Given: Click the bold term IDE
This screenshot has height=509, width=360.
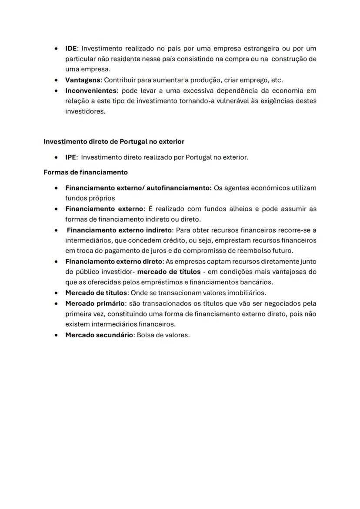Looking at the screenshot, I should pos(71,49).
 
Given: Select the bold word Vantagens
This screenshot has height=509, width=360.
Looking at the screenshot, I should pos(83,80).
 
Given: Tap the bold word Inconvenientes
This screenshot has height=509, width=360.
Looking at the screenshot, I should pos(91,91).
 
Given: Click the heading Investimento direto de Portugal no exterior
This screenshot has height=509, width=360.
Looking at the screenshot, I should pos(114,142).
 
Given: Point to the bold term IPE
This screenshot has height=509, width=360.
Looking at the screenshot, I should pos(71,157).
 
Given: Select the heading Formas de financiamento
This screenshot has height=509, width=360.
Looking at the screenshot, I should pos(86,172).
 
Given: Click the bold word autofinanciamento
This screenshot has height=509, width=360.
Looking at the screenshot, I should pos(179,188).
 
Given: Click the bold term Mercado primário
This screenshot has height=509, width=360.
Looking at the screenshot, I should pos(95,303).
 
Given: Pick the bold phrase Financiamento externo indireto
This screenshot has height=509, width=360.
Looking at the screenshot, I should pos(120,230).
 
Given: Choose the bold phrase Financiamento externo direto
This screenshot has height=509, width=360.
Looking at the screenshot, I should pos(113,262).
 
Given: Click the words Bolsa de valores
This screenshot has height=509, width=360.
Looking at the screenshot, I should pos(163,335).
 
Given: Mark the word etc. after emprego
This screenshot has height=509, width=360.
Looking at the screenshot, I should pos(277,80).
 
